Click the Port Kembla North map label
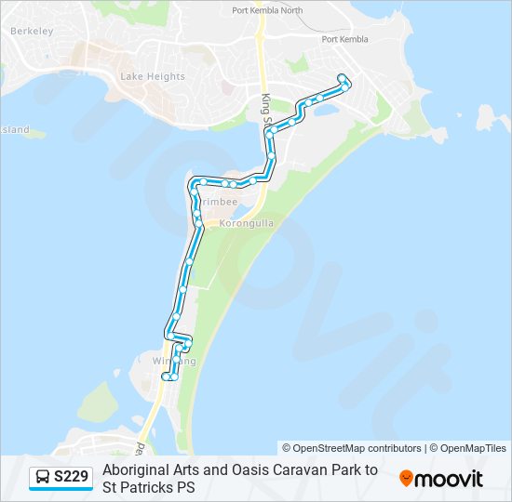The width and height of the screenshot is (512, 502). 267,11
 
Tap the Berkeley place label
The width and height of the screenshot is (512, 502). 33,31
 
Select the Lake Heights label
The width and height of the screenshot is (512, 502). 153,76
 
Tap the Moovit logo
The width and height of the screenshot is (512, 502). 441,478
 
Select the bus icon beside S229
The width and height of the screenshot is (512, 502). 43,478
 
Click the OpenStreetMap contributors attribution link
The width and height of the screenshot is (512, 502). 357,448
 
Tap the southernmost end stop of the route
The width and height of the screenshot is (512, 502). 166,376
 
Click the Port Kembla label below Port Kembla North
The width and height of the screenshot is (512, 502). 344,39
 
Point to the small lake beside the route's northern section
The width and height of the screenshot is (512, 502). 326,110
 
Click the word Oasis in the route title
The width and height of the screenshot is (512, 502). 249,469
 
